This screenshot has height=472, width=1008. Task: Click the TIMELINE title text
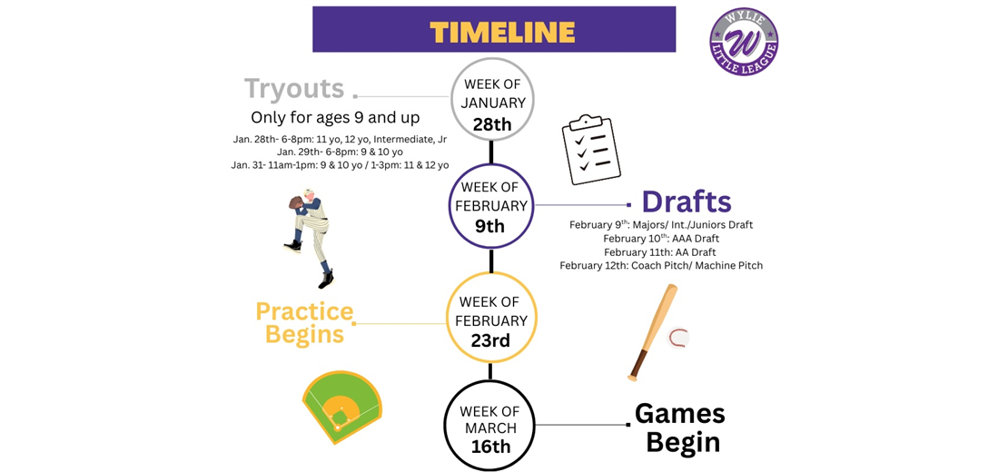pyautogui.click(x=502, y=32)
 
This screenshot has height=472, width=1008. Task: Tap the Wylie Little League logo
pyautogui.click(x=744, y=41)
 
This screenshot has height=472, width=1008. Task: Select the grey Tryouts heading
pyautogui.click(x=294, y=89)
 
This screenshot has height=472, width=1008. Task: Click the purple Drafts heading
pyautogui.click(x=686, y=202)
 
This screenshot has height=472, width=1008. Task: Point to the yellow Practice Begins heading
pyautogui.click(x=304, y=323)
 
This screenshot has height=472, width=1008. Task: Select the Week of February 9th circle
pyautogui.click(x=491, y=205)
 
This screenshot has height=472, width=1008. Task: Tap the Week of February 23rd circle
pyautogui.click(x=491, y=319)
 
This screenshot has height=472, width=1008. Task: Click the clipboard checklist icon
pyautogui.click(x=590, y=149)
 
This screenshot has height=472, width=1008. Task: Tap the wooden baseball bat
pyautogui.click(x=652, y=331)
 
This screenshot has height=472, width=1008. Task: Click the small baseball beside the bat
pyautogui.click(x=677, y=339)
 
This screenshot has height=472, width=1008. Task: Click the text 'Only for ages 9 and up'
pyautogui.click(x=335, y=118)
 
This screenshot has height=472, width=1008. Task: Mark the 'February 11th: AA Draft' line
pyautogui.click(x=660, y=251)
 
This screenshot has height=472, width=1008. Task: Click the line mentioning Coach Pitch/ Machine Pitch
pyautogui.click(x=661, y=265)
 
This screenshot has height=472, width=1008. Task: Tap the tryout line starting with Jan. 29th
pyautogui.click(x=340, y=152)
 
